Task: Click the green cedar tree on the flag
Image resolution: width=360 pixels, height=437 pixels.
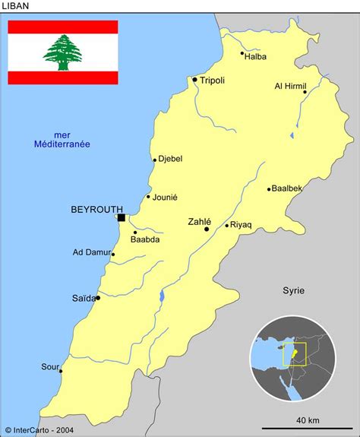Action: click(62, 52)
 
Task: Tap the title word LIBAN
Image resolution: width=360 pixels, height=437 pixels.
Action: click(17, 6)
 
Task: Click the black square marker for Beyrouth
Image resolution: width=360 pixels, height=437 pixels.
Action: click(121, 217)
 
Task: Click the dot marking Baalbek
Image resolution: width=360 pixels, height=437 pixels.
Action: click(269, 189)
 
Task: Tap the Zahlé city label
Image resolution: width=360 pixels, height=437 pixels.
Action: click(199, 222)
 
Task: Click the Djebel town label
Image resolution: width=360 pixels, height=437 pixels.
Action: click(170, 159)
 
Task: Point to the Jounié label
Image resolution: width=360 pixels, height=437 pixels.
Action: click(165, 197)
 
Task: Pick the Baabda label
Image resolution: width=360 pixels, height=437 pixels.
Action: click(145, 239)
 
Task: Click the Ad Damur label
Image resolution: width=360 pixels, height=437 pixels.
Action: click(91, 252)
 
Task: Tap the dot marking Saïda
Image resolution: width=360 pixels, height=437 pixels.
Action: click(98, 298)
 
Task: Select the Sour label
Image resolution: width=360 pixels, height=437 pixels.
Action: click(50, 366)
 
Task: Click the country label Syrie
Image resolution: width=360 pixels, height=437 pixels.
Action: click(293, 290)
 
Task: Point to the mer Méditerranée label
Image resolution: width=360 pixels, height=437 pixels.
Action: click(62, 139)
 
